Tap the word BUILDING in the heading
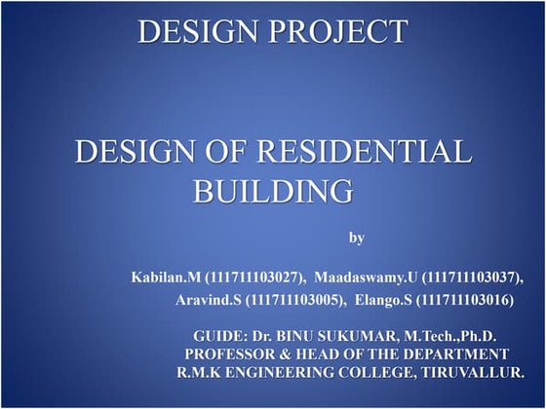click(x=273, y=189)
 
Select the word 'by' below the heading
click(x=356, y=237)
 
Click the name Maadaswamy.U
click(x=372, y=277)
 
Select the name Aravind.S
click(x=208, y=303)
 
